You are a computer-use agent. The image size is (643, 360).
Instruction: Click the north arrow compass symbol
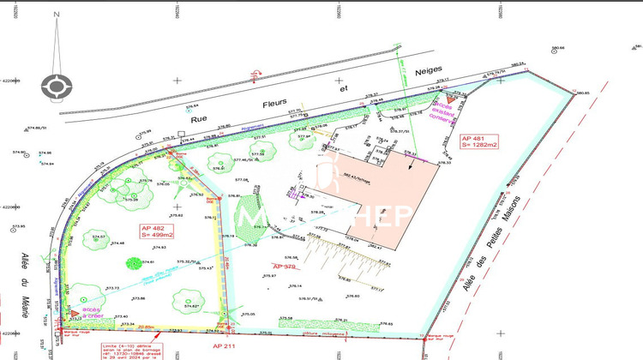57,85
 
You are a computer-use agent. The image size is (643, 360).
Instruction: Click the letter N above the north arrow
57,15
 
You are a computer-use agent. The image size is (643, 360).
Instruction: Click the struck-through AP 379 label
285,267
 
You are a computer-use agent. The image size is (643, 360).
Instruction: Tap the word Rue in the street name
200,119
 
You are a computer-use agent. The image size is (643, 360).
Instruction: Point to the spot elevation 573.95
18,227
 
